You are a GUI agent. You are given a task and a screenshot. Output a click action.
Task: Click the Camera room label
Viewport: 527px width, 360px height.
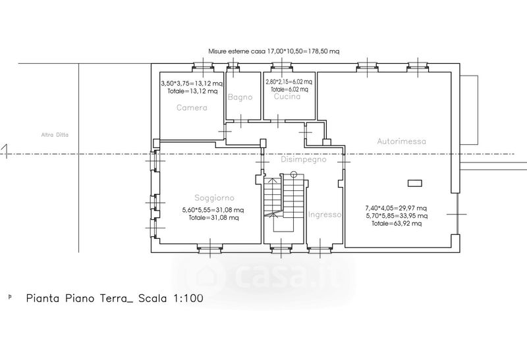(192, 107)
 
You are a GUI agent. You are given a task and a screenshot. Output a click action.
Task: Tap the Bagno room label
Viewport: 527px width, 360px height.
(240, 97)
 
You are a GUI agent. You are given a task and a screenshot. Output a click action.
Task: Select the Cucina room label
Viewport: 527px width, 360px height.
(287, 96)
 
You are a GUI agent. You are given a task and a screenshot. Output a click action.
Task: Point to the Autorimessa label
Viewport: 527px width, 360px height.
(402, 141)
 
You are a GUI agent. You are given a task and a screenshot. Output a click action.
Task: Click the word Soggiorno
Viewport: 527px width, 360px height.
(215, 198)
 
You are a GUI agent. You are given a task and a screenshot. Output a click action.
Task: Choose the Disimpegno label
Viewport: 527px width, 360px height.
(304, 159)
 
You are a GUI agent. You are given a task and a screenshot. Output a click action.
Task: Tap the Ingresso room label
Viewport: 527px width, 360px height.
(325, 215)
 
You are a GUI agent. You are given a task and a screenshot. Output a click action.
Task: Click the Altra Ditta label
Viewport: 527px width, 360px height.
(55, 135)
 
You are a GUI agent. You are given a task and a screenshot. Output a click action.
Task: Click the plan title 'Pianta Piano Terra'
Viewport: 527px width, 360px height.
(80, 298)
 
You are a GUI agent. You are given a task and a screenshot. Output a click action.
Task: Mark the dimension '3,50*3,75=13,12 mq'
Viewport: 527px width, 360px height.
(192, 84)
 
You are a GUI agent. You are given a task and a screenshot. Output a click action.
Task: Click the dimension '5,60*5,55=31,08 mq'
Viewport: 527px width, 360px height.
(213, 210)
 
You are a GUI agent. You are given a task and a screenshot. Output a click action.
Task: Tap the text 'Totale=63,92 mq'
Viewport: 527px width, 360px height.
(397, 224)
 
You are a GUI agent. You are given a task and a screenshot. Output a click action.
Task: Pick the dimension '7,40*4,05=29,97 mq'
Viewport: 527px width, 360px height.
(397, 208)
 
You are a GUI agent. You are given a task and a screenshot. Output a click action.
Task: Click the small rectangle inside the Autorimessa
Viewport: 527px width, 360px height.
(415, 184)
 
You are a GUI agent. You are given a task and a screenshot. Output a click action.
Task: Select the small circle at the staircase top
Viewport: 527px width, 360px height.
(294, 174)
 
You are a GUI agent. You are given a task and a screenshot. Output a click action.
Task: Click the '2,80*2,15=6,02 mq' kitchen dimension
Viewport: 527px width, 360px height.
(289, 82)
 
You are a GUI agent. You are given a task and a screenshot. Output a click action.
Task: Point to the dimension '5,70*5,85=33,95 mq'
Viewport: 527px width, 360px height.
(397, 216)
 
